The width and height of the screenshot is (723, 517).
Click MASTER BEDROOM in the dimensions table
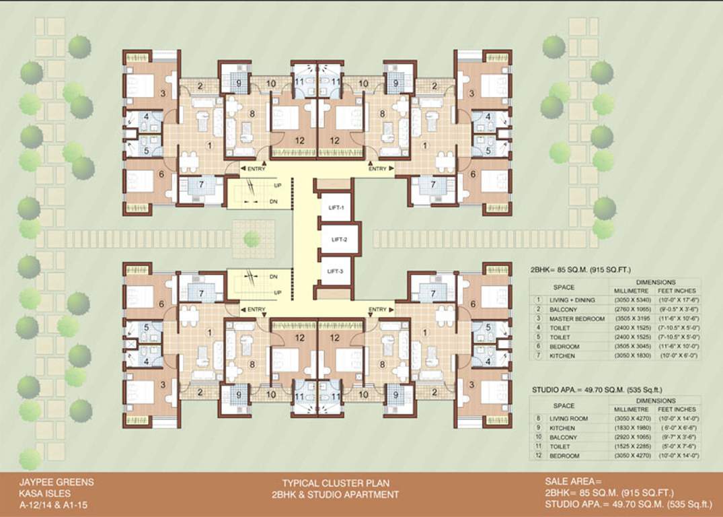(x=576, y=318)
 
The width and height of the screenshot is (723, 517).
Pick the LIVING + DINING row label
(x=573, y=300)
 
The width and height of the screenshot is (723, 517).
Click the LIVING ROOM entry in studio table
(x=570, y=419)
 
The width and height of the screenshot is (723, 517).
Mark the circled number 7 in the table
(x=537, y=355)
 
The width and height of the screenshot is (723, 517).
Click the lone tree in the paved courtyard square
(x=252, y=238)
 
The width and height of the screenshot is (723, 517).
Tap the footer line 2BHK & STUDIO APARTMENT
(x=335, y=495)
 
